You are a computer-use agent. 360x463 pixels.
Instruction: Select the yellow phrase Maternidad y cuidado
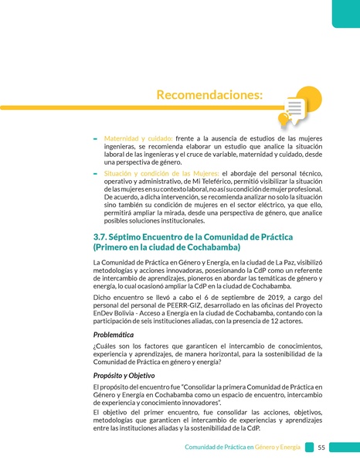click(x=138, y=138)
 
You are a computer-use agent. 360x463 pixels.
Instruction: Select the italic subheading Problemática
click(x=117, y=335)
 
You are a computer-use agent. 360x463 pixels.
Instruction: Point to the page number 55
click(x=321, y=448)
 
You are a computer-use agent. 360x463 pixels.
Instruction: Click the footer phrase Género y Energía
click(x=279, y=448)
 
